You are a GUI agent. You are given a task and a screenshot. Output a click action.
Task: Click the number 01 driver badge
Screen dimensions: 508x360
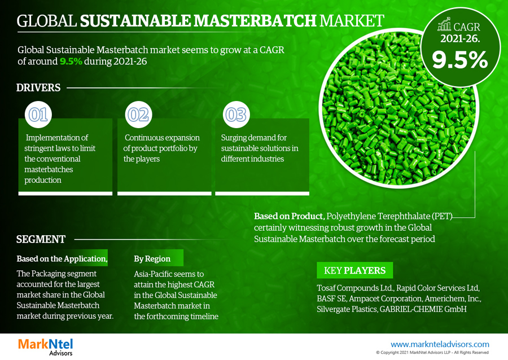(x=38, y=115)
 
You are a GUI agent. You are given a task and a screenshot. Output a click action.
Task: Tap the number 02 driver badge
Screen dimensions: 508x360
(x=138, y=115)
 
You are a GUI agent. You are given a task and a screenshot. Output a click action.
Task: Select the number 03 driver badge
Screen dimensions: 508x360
(x=236, y=115)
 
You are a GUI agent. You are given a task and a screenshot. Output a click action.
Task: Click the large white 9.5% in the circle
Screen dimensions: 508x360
(x=459, y=60)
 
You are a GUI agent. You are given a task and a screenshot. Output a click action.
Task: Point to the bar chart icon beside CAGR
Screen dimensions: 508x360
(x=444, y=24)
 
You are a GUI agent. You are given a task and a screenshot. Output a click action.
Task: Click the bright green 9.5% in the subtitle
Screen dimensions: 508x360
(x=71, y=61)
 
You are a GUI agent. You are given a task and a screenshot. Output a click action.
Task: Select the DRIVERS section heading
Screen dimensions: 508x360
(x=38, y=87)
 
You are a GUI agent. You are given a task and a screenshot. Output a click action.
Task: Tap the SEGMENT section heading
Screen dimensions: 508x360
(x=41, y=239)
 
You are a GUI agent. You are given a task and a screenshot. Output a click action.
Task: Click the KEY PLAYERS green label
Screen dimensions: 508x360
(x=355, y=270)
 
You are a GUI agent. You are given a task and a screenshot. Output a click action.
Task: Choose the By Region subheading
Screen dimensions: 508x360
(x=152, y=258)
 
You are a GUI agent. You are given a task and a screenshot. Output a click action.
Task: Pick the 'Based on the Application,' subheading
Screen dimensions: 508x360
(x=62, y=258)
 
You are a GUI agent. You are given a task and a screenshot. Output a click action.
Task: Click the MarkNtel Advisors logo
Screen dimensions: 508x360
(x=45, y=346)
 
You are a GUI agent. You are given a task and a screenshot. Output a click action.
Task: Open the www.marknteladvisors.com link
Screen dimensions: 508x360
(x=440, y=344)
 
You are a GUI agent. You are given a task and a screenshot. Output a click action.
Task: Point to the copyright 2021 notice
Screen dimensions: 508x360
(x=432, y=353)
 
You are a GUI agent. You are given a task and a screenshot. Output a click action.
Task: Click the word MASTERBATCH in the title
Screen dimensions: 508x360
(x=255, y=21)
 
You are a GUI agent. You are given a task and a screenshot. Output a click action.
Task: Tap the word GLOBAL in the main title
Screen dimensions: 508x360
(x=47, y=21)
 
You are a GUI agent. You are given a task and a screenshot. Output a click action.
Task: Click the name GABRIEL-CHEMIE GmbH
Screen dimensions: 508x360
(x=423, y=309)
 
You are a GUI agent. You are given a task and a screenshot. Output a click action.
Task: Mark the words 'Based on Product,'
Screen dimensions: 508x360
(x=290, y=216)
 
